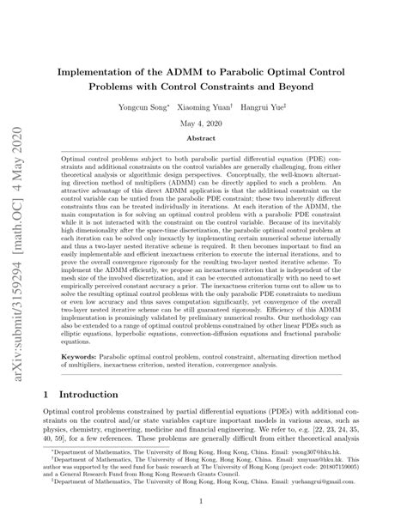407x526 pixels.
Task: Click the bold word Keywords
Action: tap(83, 354)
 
